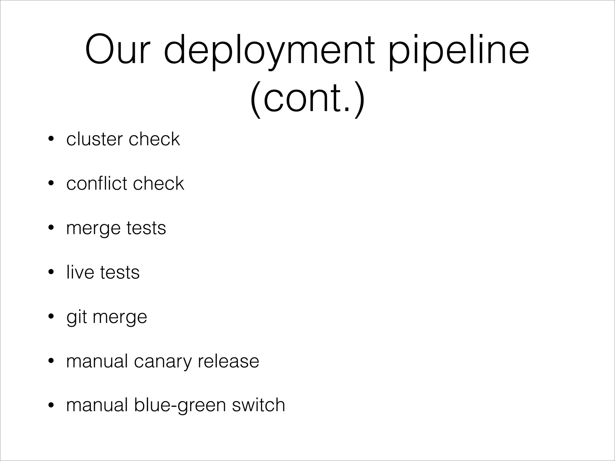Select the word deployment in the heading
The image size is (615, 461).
[269, 51]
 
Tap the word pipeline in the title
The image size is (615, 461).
[459, 51]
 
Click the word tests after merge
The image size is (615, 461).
[146, 228]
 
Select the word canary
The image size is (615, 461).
[162, 361]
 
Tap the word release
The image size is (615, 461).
[228, 361]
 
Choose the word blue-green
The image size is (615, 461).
[180, 405]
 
